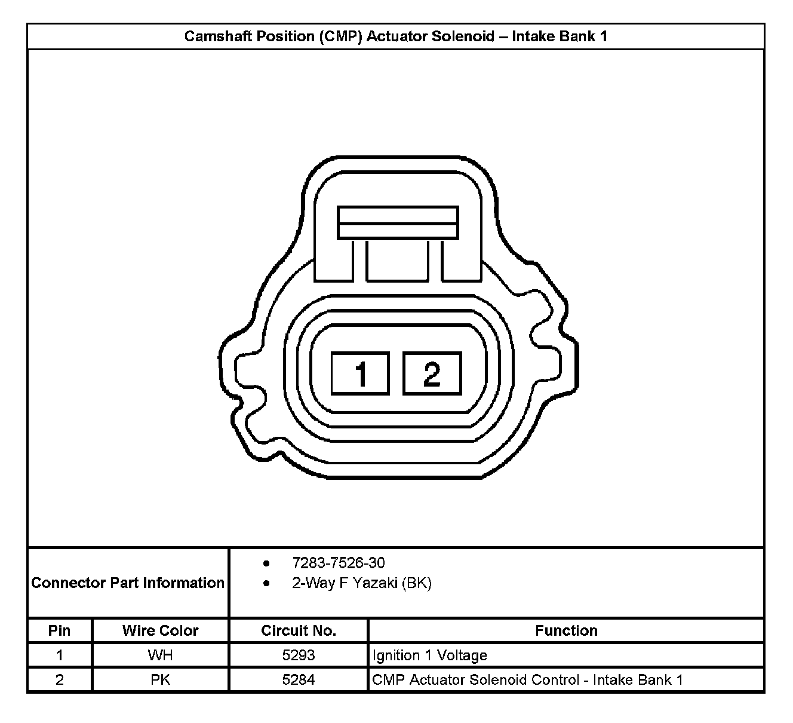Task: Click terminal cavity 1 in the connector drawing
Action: [x=360, y=373]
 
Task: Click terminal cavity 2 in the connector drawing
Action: [x=432, y=373]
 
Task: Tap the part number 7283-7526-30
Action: [x=339, y=563]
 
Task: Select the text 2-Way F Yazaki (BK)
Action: [x=362, y=583]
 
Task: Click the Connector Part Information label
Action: [x=128, y=583]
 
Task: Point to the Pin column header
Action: [x=59, y=631]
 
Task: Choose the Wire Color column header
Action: [x=161, y=631]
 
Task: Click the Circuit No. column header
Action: [x=299, y=631]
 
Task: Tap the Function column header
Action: [x=566, y=631]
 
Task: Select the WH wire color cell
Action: [x=161, y=655]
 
